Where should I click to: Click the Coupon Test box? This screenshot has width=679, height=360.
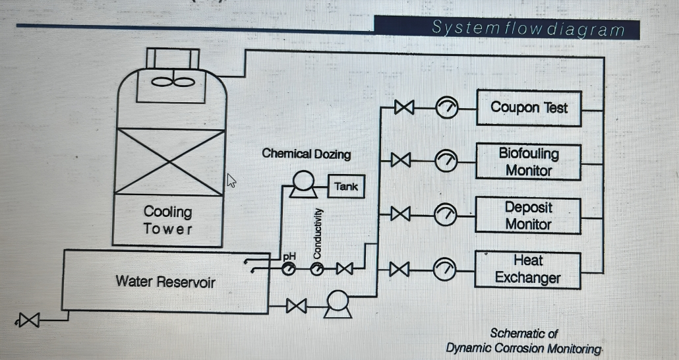tap(529, 108)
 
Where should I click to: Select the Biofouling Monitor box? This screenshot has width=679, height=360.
tap(529, 162)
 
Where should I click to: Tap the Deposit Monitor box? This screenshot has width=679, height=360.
tap(529, 215)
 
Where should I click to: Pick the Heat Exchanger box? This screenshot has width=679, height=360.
tap(529, 269)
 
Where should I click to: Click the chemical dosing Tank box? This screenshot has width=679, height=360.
tap(346, 187)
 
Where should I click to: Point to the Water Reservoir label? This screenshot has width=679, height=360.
tap(165, 282)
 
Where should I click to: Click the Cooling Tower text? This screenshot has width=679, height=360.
tap(168, 220)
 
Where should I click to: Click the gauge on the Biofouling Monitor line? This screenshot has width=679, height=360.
tap(447, 160)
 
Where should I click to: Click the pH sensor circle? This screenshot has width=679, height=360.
tap(289, 269)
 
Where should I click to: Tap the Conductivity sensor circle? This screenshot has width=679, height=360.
tap(317, 269)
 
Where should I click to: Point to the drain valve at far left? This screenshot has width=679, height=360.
tap(28, 321)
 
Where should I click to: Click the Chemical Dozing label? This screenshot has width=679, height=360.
tap(306, 154)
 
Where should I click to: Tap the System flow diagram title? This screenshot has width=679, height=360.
tap(527, 28)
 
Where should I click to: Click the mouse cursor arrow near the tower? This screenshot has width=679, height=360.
tap(231, 180)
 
